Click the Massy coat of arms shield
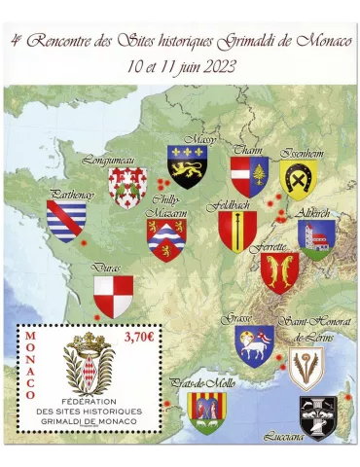pos(188,166)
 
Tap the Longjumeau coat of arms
pos(126,187)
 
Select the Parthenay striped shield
pos(66,221)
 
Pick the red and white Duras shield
pos(113,295)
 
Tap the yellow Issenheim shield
pos(299,179)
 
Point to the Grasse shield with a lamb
pos(254,344)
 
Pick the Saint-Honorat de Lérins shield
pos(307,369)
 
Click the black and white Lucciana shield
pos(317,416)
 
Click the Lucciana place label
pos(288,438)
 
